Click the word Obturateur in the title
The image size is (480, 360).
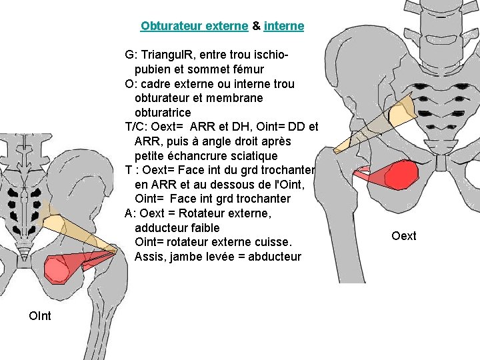click(167, 27)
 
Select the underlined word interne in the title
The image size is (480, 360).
click(284, 27)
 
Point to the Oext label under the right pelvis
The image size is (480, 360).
click(404, 235)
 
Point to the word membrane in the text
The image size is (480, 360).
click(237, 98)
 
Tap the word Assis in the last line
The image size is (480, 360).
click(149, 257)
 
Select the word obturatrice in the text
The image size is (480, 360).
click(163, 113)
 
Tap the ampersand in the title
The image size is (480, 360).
click(256, 27)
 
